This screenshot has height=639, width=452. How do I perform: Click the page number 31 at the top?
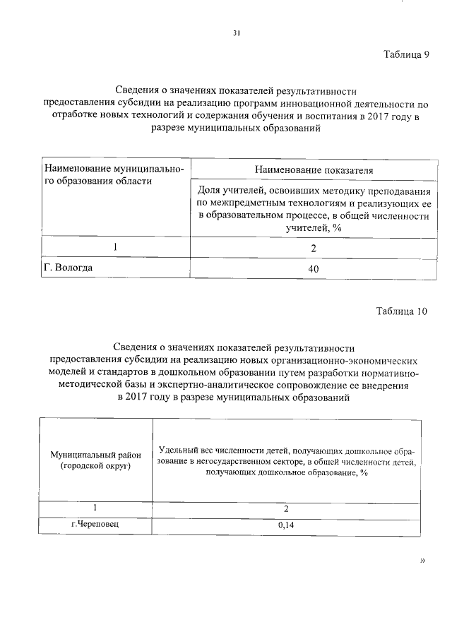pos(237,32)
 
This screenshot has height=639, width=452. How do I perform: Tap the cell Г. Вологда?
pos(69,268)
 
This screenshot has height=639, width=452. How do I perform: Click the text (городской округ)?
pos(95,467)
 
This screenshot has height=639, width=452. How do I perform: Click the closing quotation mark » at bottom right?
pos(423,561)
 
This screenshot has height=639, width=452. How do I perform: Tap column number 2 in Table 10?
pos(287,508)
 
